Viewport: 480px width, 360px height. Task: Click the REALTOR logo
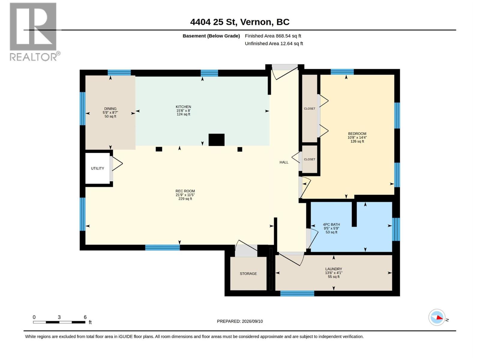tap(34, 32)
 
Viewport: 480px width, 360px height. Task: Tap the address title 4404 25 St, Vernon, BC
tap(240, 22)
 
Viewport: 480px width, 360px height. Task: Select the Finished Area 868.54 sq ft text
tap(273, 36)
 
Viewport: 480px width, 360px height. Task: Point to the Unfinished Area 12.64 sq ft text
tap(274, 43)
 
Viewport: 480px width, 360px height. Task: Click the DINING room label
tap(110, 109)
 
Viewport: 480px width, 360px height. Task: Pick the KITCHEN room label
tap(183, 107)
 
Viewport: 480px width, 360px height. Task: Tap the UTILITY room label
tap(97, 168)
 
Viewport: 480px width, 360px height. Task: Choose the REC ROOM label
tap(185, 191)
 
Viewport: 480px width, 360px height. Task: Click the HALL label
tap(284, 162)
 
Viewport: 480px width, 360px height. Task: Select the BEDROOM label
tap(357, 133)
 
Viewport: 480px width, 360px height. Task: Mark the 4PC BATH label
tap(331, 224)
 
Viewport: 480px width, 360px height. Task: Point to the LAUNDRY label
tap(334, 269)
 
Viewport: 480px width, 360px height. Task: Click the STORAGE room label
tap(248, 274)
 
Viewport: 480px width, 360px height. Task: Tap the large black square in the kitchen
tap(217, 140)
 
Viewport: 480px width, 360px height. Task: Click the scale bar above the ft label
tap(59, 322)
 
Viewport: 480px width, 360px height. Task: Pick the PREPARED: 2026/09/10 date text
tap(240, 321)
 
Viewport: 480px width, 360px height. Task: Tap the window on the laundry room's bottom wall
tap(297, 294)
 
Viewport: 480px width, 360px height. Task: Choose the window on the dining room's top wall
tap(119, 73)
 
